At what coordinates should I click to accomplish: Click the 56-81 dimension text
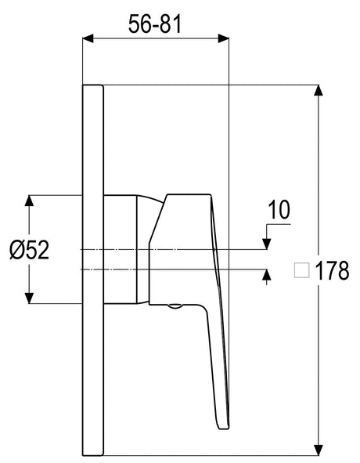(155, 24)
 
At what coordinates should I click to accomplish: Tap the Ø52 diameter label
(29, 250)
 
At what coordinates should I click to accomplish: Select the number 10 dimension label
(279, 210)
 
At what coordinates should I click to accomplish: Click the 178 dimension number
(333, 270)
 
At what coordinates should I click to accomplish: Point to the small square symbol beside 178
(301, 270)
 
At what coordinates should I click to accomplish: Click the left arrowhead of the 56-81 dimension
(88, 38)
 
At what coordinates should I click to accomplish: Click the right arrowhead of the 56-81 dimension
(223, 38)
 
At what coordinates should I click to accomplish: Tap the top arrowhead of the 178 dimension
(318, 90)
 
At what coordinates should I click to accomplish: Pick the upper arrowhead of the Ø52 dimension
(29, 201)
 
